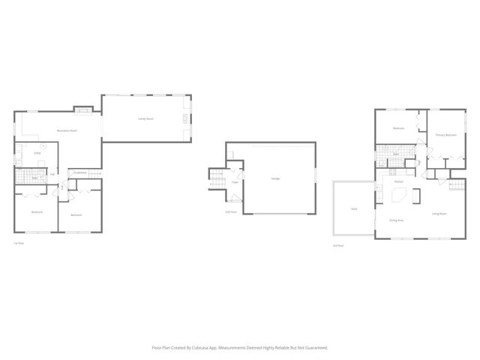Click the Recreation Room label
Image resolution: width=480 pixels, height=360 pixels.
pos(67,131)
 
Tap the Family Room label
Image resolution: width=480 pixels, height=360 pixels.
pos(145,119)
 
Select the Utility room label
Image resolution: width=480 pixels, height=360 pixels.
pos(37,153)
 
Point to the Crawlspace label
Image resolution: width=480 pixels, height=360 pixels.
pos(80,173)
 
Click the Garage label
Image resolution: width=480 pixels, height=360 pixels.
pos(275,178)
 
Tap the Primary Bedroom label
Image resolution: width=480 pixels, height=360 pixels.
pos(446,135)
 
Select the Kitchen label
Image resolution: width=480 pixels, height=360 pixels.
pos(400,182)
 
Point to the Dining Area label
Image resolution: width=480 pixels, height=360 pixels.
pos(396,220)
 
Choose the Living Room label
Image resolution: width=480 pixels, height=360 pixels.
pos(439,214)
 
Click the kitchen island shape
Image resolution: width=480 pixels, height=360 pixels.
pos(397,196)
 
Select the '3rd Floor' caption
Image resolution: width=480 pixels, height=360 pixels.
pos(338,245)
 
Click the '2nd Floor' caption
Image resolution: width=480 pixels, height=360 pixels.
pos(231,212)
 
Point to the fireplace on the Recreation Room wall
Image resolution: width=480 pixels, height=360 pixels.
pos(85,111)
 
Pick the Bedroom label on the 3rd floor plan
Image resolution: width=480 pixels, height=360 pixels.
pos(399,128)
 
